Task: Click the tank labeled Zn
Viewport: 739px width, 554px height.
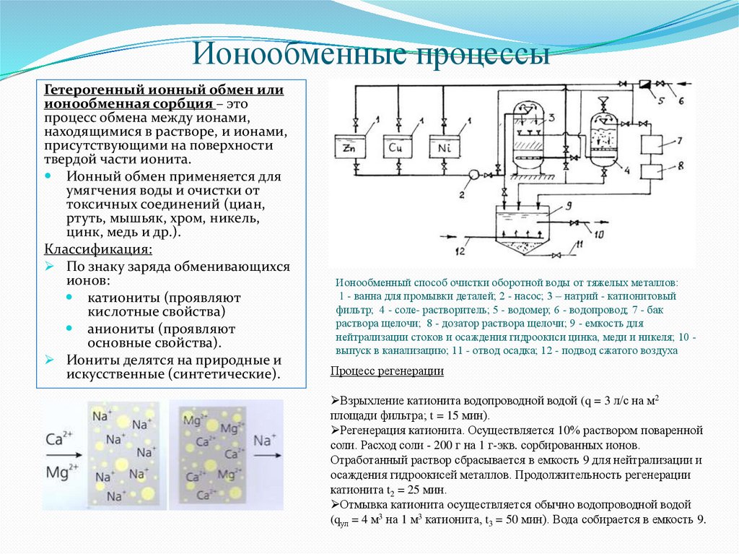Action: (350, 147)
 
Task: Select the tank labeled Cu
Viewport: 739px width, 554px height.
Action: (395, 147)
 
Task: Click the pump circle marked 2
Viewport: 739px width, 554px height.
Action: (473, 174)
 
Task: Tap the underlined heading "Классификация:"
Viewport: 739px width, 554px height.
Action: (98, 250)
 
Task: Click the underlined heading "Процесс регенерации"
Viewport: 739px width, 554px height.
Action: (387, 371)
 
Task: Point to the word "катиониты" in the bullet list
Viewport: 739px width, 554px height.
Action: (124, 298)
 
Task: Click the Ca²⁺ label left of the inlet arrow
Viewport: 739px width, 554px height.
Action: (60, 439)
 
